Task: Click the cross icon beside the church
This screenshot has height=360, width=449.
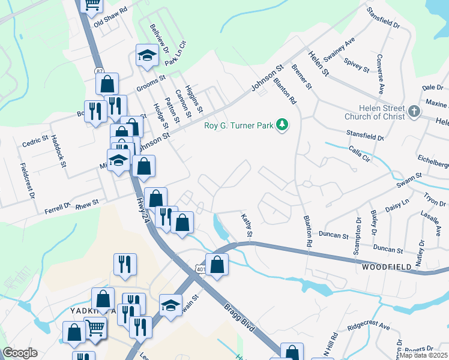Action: (414, 112)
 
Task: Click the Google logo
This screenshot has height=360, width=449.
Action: (20, 353)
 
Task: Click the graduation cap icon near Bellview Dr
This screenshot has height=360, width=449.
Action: (146, 56)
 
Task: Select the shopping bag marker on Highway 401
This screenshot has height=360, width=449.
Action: (217, 264)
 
